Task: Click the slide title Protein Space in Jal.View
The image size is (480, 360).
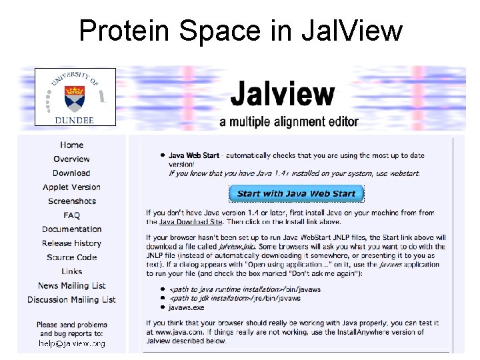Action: click(x=240, y=31)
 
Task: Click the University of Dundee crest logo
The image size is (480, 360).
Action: click(x=75, y=96)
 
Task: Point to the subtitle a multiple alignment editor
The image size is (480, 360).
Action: click(x=289, y=122)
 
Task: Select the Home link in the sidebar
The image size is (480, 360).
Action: click(x=71, y=145)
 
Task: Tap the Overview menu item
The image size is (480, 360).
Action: click(x=71, y=159)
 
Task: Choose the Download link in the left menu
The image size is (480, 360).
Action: click(x=71, y=173)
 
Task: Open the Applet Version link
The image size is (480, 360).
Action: click(x=71, y=187)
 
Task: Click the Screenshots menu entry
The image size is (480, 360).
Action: click(x=71, y=201)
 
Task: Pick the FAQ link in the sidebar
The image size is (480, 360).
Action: click(x=71, y=215)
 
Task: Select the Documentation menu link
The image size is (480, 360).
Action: click(x=71, y=229)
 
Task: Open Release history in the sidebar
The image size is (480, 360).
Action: click(x=71, y=243)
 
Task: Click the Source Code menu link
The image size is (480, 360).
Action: click(x=71, y=257)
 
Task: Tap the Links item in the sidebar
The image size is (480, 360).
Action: click(x=71, y=271)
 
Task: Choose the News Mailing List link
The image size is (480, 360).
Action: click(x=71, y=285)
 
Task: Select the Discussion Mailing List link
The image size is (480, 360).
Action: click(x=71, y=299)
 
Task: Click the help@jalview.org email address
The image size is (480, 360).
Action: click(x=71, y=344)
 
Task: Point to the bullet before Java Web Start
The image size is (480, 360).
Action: click(x=161, y=155)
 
